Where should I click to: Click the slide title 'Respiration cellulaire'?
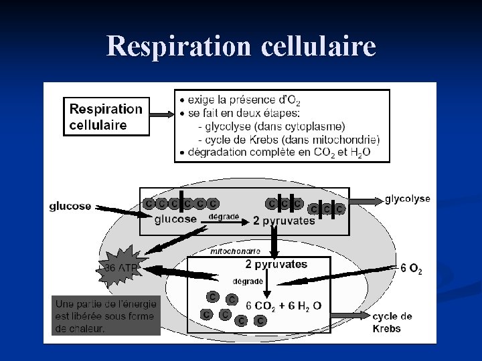241,47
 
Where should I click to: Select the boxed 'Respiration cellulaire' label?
106,116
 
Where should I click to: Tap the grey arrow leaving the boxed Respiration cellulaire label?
161,115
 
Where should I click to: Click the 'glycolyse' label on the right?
407,199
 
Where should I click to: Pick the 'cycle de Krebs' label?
392,322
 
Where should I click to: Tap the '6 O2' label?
410,268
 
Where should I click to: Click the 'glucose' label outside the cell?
70,206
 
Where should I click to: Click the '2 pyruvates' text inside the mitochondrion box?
276,264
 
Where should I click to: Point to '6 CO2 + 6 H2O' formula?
284,306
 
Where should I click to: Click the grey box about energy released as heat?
106,315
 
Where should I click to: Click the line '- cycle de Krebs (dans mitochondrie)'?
289,140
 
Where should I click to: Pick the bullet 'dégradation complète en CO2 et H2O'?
274,152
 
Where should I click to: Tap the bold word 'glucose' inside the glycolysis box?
175,219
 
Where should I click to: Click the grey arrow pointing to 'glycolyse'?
366,201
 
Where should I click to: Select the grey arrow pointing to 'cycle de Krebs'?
349,314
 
